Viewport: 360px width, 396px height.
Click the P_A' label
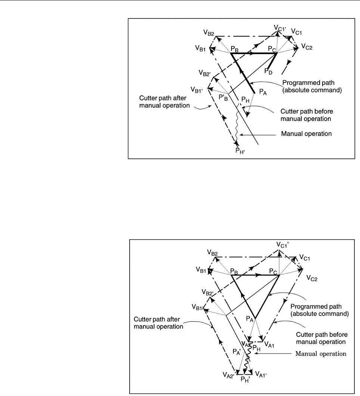pyautogui.click(x=236, y=352)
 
